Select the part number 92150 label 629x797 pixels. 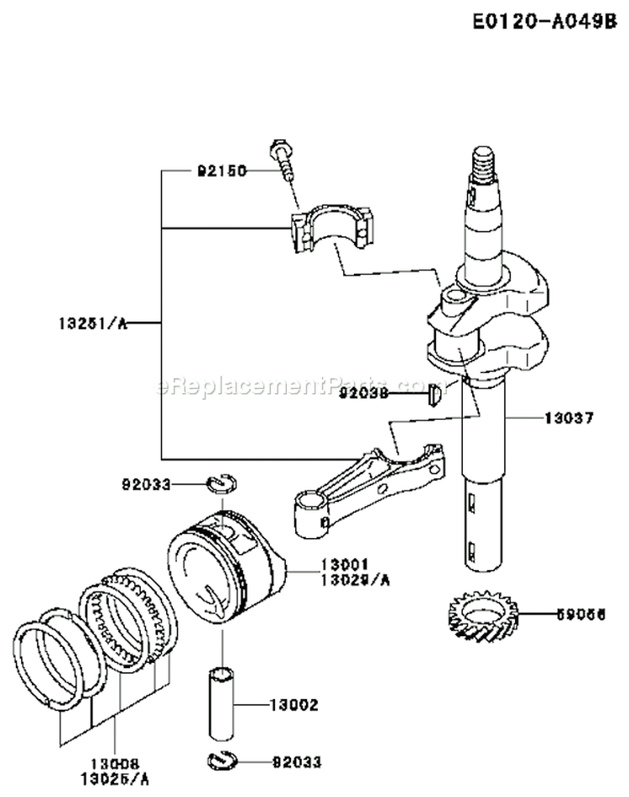(x=222, y=171)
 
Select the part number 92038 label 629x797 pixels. (x=363, y=392)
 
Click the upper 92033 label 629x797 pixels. (x=146, y=484)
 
